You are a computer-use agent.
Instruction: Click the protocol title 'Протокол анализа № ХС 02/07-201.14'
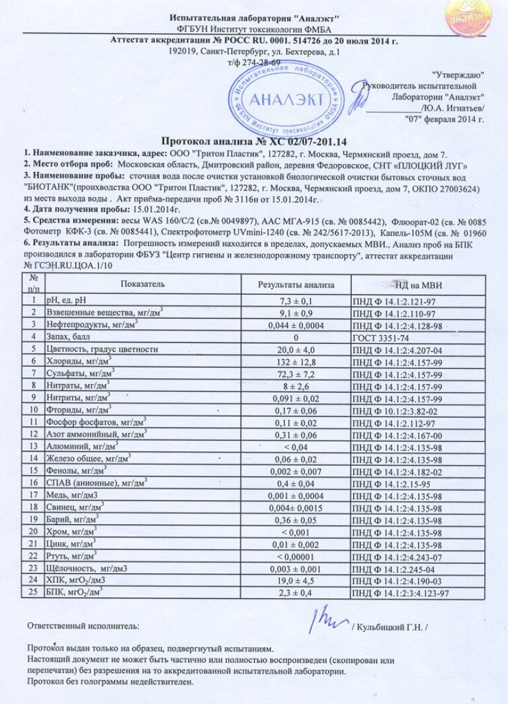[255, 141]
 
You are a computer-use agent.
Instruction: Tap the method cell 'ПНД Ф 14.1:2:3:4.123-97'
[402, 594]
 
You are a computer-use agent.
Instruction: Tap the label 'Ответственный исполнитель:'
[83, 625]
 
